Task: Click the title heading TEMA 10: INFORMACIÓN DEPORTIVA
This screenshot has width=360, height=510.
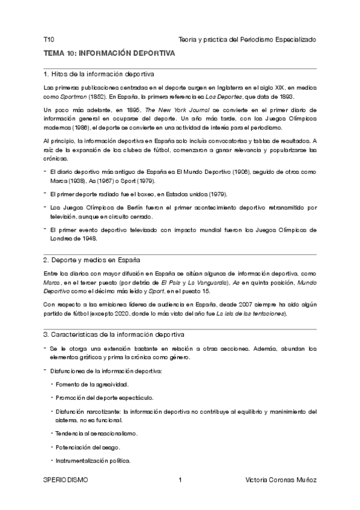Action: click(x=109, y=54)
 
